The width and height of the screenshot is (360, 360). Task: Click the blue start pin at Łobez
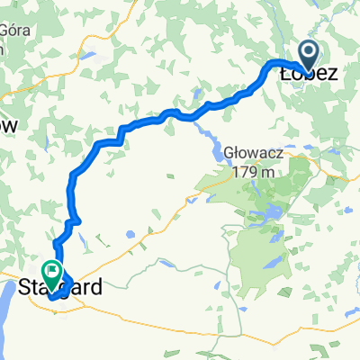click(x=308, y=56)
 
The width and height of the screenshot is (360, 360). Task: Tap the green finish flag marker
click(x=51, y=269)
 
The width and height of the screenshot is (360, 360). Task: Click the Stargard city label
click(x=59, y=288)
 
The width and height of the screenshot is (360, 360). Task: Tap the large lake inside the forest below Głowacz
click(x=269, y=213)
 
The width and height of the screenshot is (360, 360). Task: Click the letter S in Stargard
click(x=24, y=288)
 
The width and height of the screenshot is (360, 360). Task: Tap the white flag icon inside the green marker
click(x=51, y=268)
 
